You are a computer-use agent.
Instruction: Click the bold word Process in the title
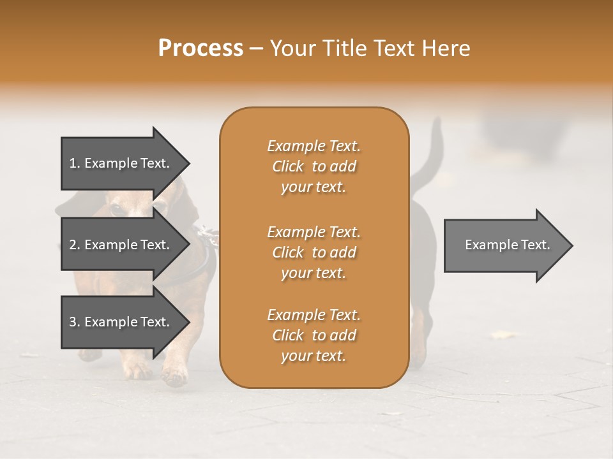(x=201, y=48)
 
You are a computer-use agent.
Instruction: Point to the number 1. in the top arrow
(x=75, y=163)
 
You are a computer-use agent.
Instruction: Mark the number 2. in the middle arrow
(x=75, y=245)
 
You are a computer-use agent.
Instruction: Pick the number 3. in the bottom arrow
(x=75, y=322)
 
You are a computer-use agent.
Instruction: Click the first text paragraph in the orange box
(x=314, y=166)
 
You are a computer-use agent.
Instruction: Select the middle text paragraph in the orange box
(x=314, y=252)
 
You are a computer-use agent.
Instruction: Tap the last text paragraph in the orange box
(x=314, y=335)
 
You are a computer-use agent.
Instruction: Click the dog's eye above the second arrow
(x=116, y=209)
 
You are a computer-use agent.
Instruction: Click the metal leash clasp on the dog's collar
(x=208, y=235)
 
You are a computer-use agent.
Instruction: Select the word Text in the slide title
(x=394, y=48)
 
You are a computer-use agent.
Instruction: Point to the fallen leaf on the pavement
(x=504, y=335)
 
